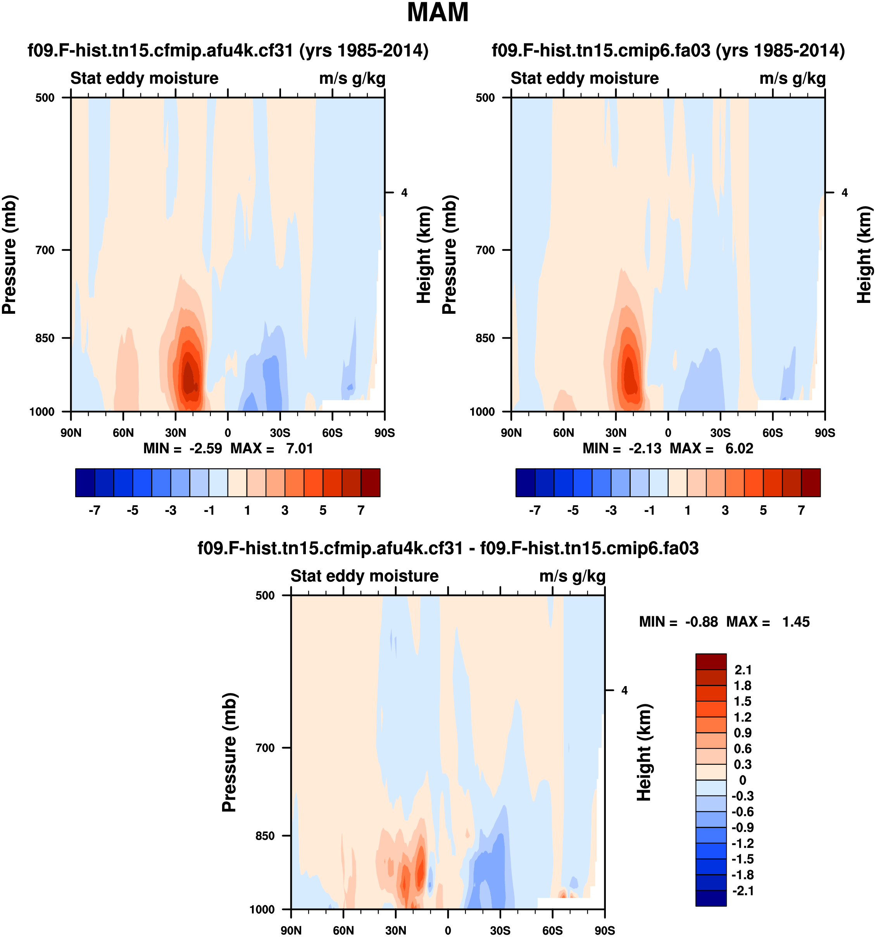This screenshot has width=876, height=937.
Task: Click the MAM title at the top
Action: pyautogui.click(x=438, y=13)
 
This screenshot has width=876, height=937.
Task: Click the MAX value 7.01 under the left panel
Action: pyautogui.click(x=300, y=448)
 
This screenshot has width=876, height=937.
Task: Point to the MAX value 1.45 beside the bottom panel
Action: pyautogui.click(x=795, y=622)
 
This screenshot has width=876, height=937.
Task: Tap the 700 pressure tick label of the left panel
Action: pyautogui.click(x=45, y=250)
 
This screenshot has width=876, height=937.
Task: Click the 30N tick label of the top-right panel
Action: pyautogui.click(x=616, y=433)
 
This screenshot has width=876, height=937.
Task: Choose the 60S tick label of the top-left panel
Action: pyautogui.click(x=332, y=433)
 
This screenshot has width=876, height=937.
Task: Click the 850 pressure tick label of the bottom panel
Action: pyautogui.click(x=265, y=836)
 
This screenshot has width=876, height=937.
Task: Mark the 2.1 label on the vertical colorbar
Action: pyautogui.click(x=743, y=670)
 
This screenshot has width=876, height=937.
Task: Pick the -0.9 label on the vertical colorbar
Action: pyautogui.click(x=742, y=827)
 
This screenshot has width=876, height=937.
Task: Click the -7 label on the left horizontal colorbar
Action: pyautogui.click(x=94, y=510)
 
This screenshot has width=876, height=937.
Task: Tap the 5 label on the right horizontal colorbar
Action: pyautogui.click(x=763, y=510)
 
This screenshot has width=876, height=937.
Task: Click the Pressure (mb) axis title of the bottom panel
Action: pyautogui.click(x=229, y=752)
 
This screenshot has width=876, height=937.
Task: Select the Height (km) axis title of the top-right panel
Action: pyautogui.click(x=864, y=254)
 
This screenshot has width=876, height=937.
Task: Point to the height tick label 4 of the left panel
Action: pyautogui.click(x=404, y=192)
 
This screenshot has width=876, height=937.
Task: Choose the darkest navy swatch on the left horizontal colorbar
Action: pyautogui.click(x=85, y=482)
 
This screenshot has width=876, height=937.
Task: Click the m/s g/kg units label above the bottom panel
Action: pyautogui.click(x=572, y=576)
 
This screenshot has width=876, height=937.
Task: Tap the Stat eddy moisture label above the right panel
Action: pyautogui.click(x=585, y=78)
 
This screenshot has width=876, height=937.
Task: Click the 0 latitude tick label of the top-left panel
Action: pyautogui.click(x=228, y=433)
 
